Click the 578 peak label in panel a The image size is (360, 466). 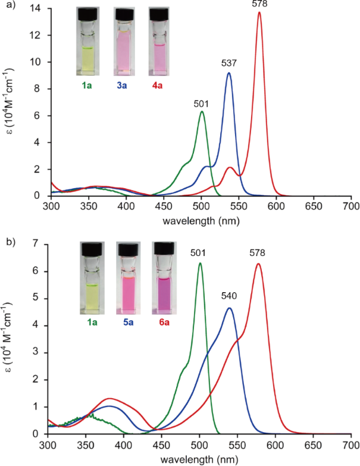point(259,4)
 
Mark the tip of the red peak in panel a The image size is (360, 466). point(259,12)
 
